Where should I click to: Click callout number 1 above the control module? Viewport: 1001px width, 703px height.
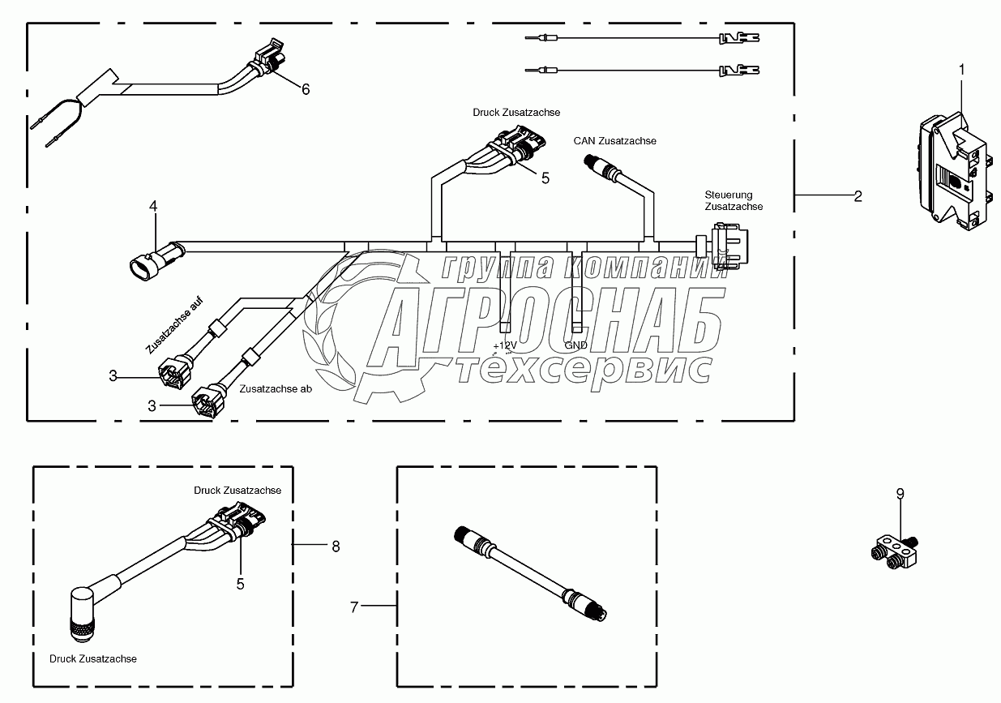962,71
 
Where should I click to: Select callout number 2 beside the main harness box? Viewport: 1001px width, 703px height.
858,195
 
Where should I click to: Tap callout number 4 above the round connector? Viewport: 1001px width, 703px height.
153,208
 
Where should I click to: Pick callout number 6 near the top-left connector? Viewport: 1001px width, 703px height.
306,89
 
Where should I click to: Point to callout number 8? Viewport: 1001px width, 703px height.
336,547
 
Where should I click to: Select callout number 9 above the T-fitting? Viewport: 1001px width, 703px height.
900,493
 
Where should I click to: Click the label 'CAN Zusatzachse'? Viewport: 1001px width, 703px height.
614,141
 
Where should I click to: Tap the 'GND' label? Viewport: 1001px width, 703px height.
575,345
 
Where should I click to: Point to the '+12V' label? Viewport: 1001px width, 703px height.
504,345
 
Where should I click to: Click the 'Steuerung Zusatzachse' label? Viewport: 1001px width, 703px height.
734,200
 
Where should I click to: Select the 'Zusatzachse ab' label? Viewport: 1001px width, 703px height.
276,389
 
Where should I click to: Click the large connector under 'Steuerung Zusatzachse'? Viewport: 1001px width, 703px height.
727,246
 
